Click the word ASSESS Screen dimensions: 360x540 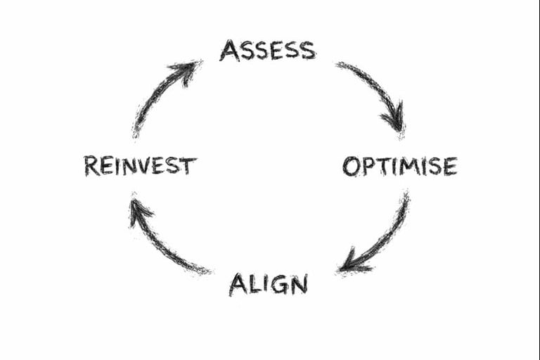[268, 51]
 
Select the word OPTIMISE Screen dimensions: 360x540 [399, 167]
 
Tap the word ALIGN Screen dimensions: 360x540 [268, 284]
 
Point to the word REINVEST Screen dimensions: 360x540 [140, 166]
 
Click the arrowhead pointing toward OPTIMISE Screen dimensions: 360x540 [394, 118]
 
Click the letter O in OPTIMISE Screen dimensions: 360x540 [351, 167]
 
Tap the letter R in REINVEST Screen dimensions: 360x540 [91, 166]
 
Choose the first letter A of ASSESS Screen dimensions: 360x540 [229, 51]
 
